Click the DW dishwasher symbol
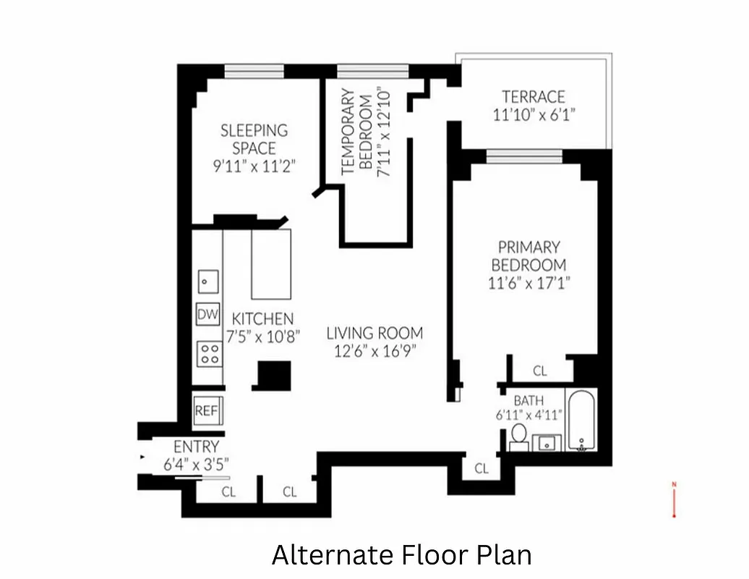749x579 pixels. (x=207, y=315)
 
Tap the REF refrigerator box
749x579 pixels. (x=207, y=410)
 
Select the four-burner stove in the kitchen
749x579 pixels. (x=209, y=353)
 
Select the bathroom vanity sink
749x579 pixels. (x=547, y=441)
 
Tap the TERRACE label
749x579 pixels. (x=534, y=96)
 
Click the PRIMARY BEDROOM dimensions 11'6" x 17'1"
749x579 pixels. (x=529, y=283)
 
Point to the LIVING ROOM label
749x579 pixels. (x=374, y=334)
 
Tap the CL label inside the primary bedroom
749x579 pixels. (x=539, y=371)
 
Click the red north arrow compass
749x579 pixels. (x=674, y=499)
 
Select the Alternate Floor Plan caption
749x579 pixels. (x=401, y=555)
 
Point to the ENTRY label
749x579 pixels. (x=196, y=447)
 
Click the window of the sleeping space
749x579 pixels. (x=254, y=71)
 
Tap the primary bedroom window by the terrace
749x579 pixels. (x=524, y=156)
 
